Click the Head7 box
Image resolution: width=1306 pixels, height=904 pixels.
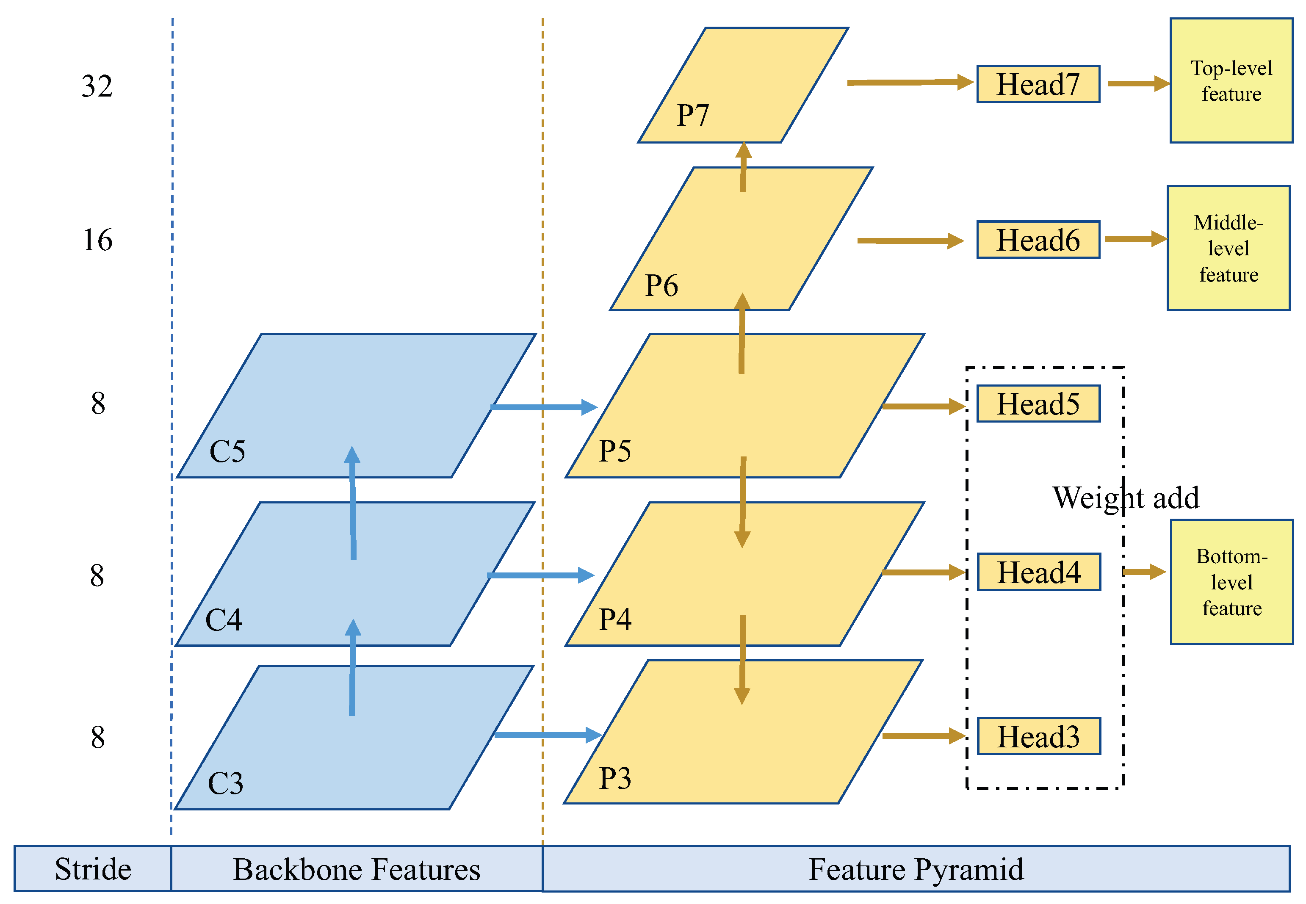pyautogui.click(x=1038, y=84)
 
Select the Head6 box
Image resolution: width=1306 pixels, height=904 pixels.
pyautogui.click(x=1038, y=240)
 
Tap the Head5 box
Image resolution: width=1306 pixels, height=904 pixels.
pyautogui.click(x=1038, y=404)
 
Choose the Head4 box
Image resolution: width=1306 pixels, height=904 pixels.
pyautogui.click(x=1039, y=572)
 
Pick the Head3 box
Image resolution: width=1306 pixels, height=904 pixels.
pyautogui.click(x=1039, y=736)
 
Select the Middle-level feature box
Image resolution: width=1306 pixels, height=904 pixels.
pyautogui.click(x=1229, y=248)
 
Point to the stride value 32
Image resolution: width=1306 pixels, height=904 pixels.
pyautogui.click(x=97, y=86)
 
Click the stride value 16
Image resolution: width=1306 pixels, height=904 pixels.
pyautogui.click(x=97, y=240)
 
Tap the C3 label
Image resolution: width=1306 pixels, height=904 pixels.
pyautogui.click(x=225, y=783)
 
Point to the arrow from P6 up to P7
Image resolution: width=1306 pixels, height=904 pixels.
pyautogui.click(x=743, y=168)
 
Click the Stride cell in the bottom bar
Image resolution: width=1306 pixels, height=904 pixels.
pyautogui.click(x=93, y=869)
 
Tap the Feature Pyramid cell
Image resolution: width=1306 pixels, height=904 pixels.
pyautogui.click(x=916, y=869)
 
